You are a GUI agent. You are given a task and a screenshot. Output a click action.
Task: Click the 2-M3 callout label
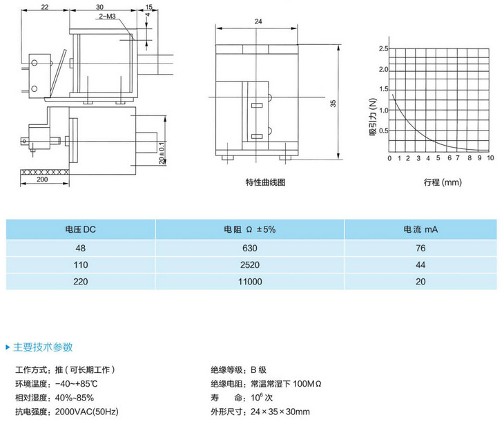107,17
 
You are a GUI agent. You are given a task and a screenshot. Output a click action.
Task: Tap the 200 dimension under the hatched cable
42,180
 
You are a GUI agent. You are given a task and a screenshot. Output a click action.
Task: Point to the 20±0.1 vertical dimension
162,153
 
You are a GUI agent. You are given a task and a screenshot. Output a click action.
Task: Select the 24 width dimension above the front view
258,21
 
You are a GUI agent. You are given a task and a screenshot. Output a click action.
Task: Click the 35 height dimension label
333,104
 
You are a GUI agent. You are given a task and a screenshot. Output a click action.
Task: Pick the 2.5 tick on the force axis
383,48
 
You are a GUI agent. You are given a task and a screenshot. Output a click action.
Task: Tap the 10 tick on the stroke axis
490,158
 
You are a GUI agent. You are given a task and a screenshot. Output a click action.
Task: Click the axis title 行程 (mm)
443,182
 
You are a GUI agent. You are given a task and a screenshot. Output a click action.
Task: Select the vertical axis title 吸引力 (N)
373,117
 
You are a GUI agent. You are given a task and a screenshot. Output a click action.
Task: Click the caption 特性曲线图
266,182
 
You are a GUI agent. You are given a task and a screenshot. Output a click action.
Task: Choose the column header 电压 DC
80,229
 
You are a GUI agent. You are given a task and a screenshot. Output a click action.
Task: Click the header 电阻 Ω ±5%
250,229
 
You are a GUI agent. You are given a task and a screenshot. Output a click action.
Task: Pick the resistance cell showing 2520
250,265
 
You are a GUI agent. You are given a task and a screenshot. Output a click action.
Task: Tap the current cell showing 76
420,248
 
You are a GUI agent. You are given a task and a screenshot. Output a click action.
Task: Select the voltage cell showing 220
80,282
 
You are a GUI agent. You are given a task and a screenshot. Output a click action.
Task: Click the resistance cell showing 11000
250,282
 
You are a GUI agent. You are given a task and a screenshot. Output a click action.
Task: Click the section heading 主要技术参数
43,347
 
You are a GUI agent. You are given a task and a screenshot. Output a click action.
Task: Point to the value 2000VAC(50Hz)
87,412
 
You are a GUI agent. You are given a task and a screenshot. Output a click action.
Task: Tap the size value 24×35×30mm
280,412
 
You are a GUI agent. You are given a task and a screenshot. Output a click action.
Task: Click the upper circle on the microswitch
35,63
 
